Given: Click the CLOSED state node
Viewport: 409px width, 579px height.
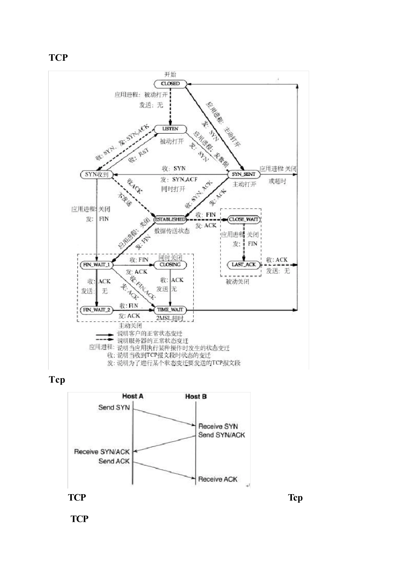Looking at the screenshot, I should (x=170, y=84).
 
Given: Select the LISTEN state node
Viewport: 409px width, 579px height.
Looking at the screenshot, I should (x=170, y=129).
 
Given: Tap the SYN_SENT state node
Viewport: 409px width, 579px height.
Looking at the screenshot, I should (x=244, y=174).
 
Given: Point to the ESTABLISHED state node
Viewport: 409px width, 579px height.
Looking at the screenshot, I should (x=170, y=219).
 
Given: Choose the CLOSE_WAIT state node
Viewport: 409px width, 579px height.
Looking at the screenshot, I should (x=244, y=219).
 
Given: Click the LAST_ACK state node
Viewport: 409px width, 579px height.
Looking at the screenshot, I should (x=244, y=265).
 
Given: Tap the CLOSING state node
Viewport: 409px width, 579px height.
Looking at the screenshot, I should (x=170, y=265).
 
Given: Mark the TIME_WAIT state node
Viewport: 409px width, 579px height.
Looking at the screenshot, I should (x=170, y=310).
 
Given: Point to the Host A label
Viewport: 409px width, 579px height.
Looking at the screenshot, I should (x=133, y=396).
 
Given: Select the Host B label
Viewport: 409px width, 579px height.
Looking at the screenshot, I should (x=195, y=396).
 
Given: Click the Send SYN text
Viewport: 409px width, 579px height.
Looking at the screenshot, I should (x=114, y=408).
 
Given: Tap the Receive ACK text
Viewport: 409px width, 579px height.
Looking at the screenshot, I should (x=217, y=479).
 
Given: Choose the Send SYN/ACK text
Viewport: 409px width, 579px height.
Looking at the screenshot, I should (x=221, y=435).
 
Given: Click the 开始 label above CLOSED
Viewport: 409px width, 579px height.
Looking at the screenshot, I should (x=170, y=75).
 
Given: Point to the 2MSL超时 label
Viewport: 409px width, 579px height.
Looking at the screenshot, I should (x=170, y=318).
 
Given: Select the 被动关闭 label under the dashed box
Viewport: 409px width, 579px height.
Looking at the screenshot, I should (x=238, y=282).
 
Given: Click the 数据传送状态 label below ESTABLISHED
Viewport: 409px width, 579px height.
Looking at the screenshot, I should (x=172, y=231).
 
